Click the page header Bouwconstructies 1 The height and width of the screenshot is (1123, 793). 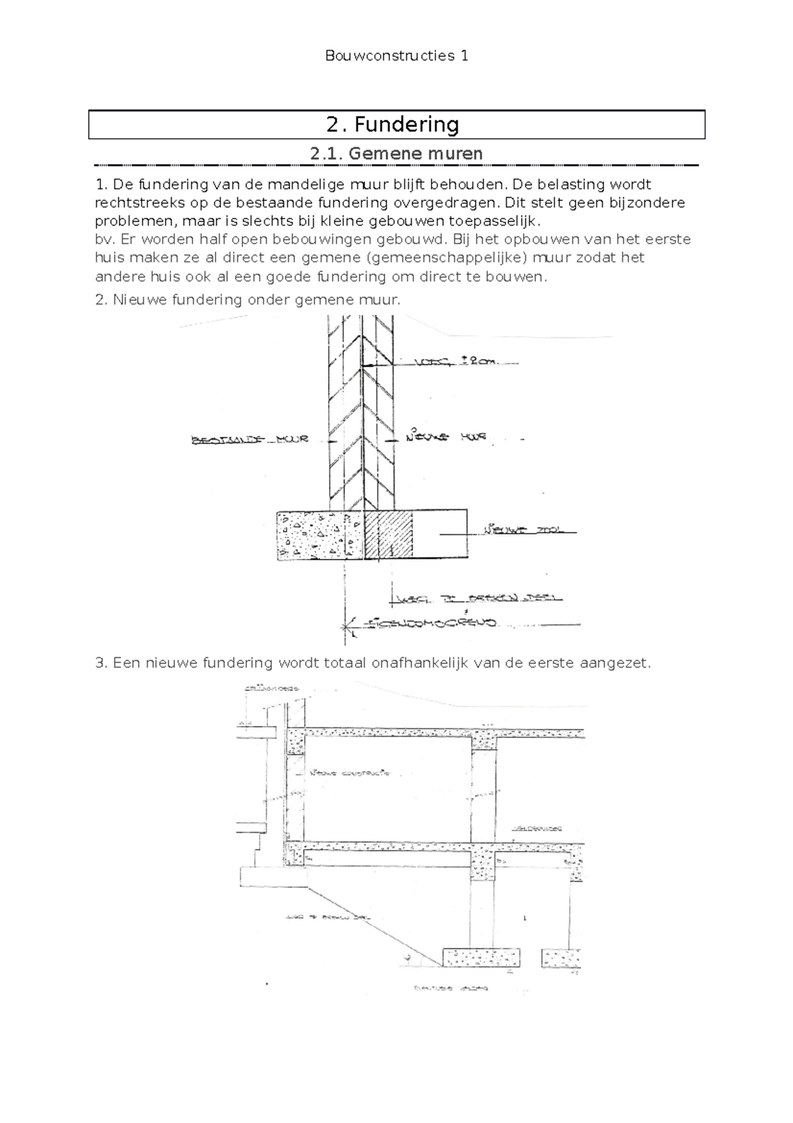click(x=397, y=56)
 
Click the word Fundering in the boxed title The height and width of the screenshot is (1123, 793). click(x=406, y=124)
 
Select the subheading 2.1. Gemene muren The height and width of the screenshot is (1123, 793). click(x=397, y=153)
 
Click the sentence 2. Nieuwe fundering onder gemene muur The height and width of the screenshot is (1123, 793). click(x=248, y=300)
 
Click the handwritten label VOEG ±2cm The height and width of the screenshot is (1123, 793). click(x=456, y=362)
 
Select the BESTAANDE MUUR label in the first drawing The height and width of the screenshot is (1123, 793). click(x=250, y=439)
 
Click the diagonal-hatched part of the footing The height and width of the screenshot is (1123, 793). click(x=389, y=534)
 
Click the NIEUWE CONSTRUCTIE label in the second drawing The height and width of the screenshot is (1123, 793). click(x=350, y=772)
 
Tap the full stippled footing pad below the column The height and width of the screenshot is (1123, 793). click(x=481, y=957)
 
